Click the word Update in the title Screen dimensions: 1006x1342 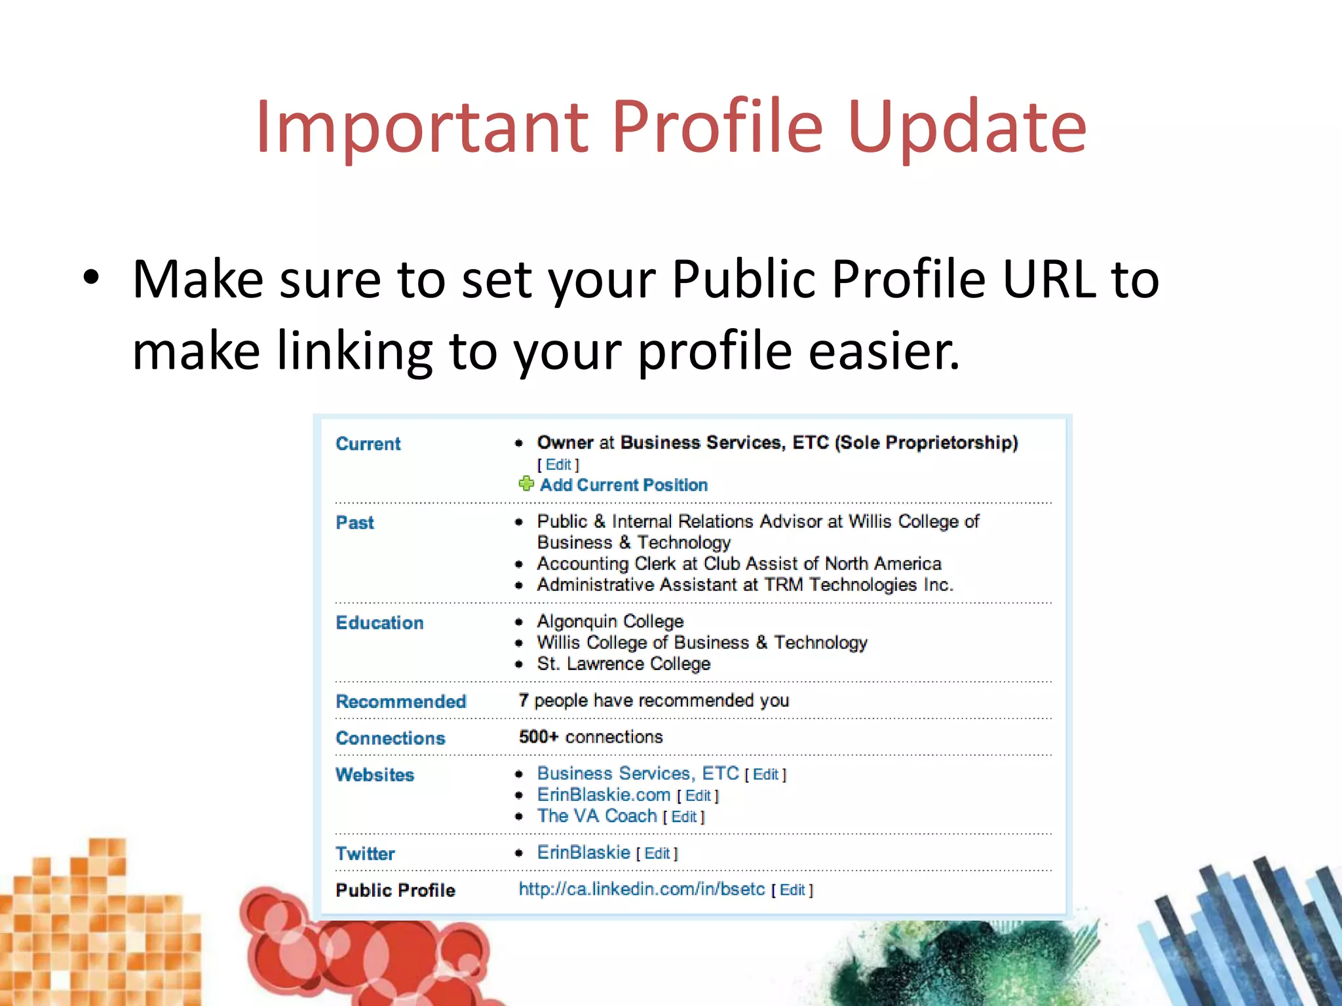(x=967, y=128)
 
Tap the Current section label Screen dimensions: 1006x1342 (x=368, y=444)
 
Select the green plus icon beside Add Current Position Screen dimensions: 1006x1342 (x=526, y=484)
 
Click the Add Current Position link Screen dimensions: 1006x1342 (x=623, y=485)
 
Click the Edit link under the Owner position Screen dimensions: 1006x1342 (x=558, y=465)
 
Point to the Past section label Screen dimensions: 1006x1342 (x=355, y=523)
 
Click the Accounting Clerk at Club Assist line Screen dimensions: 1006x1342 (x=738, y=564)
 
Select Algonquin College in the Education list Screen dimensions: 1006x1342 (x=610, y=622)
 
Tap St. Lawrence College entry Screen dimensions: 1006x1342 (x=623, y=664)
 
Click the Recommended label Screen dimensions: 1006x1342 (x=400, y=701)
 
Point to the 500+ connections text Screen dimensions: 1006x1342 (x=590, y=737)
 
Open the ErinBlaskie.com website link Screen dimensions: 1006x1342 (x=604, y=795)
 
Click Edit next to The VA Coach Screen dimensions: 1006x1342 (x=683, y=817)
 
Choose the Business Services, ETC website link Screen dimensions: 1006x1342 (x=638, y=773)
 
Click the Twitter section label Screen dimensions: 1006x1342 (x=365, y=854)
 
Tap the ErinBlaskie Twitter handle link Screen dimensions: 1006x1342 (x=583, y=853)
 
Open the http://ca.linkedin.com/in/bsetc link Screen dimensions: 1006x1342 (x=642, y=889)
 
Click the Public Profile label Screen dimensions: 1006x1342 (x=395, y=891)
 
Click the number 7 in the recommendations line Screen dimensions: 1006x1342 (x=523, y=701)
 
